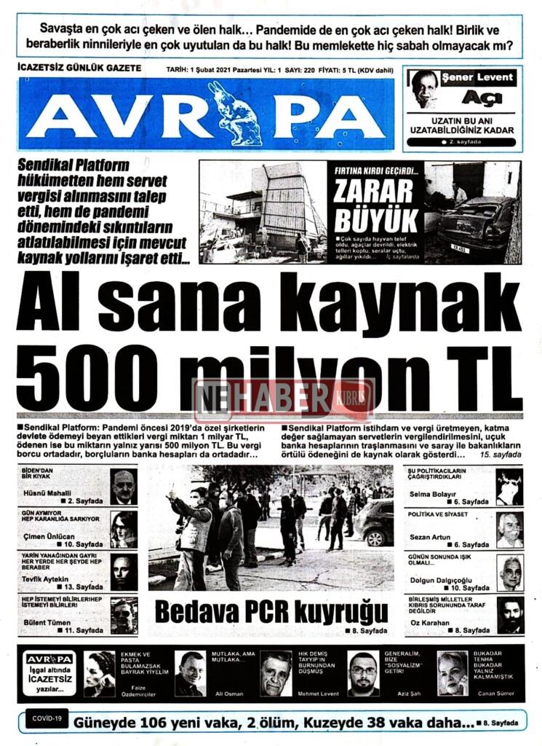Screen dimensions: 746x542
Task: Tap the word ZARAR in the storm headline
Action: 374,190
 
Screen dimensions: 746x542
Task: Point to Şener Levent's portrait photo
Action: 423,89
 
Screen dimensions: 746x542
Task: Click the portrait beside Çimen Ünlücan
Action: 124,529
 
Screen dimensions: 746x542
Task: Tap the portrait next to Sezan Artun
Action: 509,530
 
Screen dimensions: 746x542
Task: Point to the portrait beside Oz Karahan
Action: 510,616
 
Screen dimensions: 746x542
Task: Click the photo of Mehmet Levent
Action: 276,675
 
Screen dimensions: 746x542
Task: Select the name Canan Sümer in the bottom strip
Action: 496,694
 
